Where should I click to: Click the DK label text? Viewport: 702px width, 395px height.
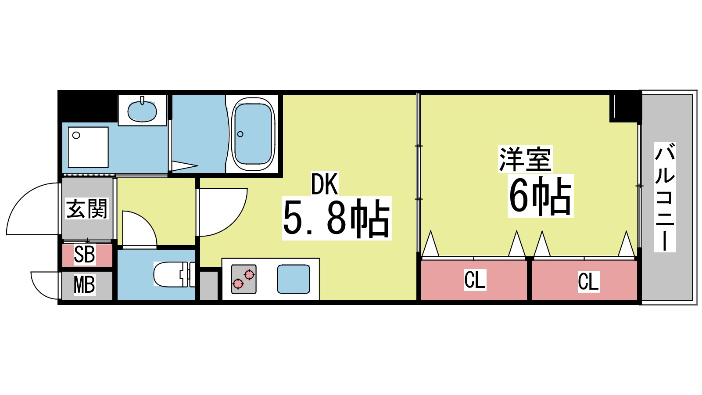[x=325, y=184]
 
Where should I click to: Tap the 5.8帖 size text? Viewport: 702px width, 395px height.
[x=336, y=218]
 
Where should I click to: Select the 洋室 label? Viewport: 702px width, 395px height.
[x=525, y=159]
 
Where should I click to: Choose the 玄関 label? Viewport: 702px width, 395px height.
[x=86, y=208]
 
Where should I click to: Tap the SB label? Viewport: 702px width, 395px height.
[x=84, y=255]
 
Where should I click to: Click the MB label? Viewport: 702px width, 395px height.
[x=84, y=285]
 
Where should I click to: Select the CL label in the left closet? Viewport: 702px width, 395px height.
[x=475, y=280]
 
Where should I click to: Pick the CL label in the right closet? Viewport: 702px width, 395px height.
[x=588, y=281]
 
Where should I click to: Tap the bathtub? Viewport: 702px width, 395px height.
[x=253, y=134]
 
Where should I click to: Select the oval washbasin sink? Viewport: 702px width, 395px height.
[x=142, y=111]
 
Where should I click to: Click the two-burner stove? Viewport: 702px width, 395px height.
[x=244, y=279]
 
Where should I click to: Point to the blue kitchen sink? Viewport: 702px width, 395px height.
[x=293, y=279]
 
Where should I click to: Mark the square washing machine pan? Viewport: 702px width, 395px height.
[x=88, y=147]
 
